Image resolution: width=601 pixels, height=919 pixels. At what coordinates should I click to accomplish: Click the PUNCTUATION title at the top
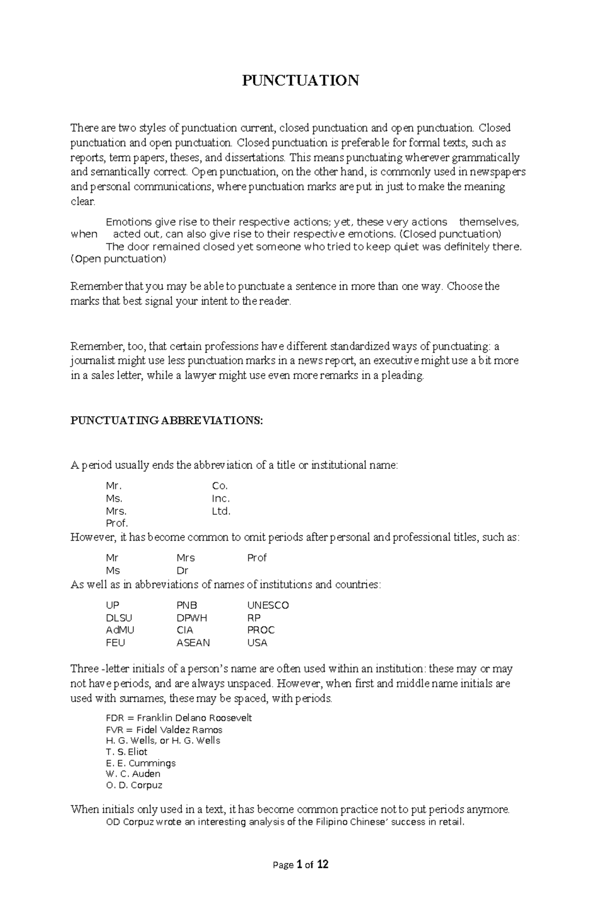click(x=300, y=81)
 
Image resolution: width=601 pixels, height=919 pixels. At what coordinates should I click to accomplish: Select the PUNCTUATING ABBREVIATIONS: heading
click(x=166, y=421)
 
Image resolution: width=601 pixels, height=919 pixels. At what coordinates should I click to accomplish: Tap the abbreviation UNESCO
click(x=268, y=605)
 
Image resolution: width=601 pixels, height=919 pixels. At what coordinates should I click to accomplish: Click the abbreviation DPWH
click(x=191, y=618)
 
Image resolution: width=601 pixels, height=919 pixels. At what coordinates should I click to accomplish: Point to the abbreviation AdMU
click(x=120, y=630)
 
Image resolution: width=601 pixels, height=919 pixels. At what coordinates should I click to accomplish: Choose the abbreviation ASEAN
click(x=193, y=643)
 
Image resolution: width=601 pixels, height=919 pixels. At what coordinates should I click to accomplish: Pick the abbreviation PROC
click(x=261, y=630)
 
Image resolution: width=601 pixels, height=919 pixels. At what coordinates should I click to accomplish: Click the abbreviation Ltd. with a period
click(x=221, y=511)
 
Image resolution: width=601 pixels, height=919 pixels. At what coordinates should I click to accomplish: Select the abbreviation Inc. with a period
click(x=221, y=499)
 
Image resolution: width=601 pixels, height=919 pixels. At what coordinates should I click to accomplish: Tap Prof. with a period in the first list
click(x=117, y=523)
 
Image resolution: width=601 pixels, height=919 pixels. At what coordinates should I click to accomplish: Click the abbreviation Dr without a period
click(x=182, y=570)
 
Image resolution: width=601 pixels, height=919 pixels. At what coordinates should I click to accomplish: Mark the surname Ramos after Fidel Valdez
click(x=209, y=730)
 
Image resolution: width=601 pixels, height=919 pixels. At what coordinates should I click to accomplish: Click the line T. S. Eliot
click(x=127, y=752)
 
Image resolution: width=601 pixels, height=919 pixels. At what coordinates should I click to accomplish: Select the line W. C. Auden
click(x=133, y=774)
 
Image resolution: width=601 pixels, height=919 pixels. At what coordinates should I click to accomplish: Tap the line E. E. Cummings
click(x=141, y=763)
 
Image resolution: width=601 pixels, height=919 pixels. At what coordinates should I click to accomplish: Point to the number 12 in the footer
click(x=323, y=864)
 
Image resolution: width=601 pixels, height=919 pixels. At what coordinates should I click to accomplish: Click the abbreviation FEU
click(x=116, y=643)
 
